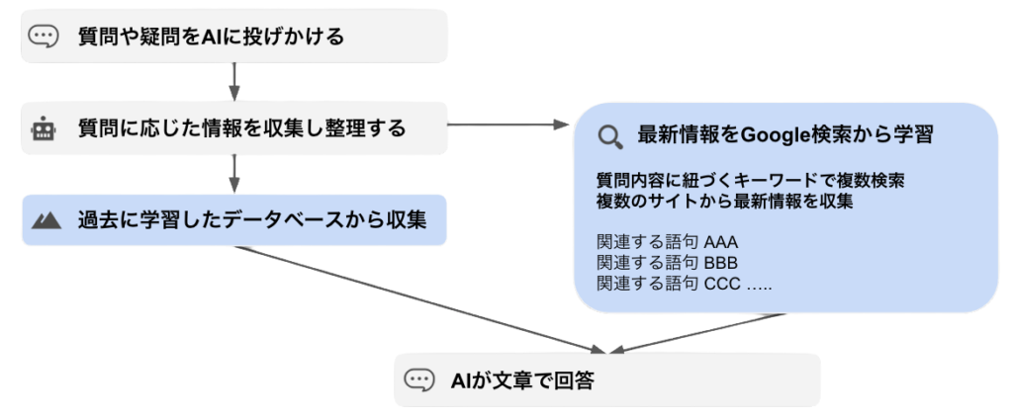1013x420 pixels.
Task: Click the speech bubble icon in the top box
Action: [43, 38]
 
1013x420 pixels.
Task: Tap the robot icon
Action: [43, 128]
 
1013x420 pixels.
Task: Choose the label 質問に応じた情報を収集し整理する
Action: [241, 128]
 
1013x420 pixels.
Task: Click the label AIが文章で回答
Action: [521, 380]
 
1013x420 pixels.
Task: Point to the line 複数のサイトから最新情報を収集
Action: [725, 202]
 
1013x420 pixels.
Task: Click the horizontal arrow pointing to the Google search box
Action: [509, 126]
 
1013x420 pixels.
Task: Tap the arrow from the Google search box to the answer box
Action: [697, 333]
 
